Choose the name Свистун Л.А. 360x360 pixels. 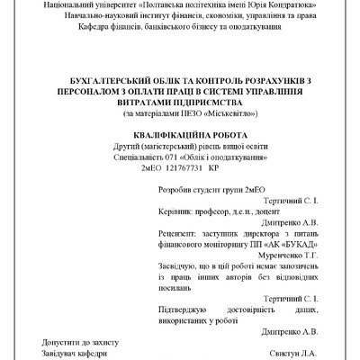coord(294,353)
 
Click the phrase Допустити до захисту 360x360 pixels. coord(79,342)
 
